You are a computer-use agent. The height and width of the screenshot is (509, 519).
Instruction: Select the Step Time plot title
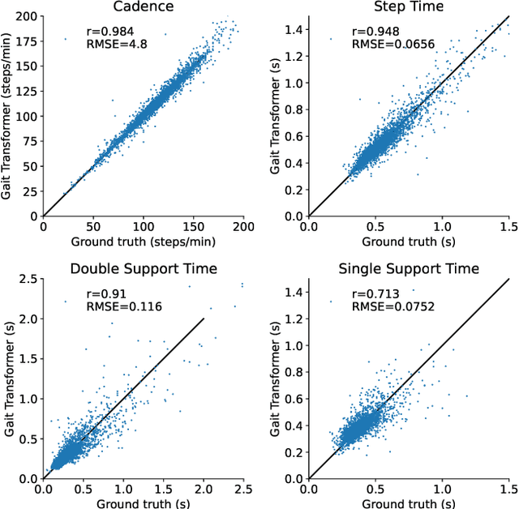[409, 7]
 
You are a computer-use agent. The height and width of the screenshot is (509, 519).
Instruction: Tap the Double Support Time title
[144, 269]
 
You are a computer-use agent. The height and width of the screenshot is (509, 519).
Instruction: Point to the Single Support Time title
[409, 269]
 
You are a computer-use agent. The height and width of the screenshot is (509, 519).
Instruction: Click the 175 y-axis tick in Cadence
[29, 41]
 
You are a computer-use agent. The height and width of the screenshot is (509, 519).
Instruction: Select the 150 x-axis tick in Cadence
[195, 229]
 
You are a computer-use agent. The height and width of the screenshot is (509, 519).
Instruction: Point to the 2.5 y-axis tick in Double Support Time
[29, 280]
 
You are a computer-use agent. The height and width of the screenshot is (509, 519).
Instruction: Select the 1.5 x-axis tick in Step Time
[508, 229]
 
